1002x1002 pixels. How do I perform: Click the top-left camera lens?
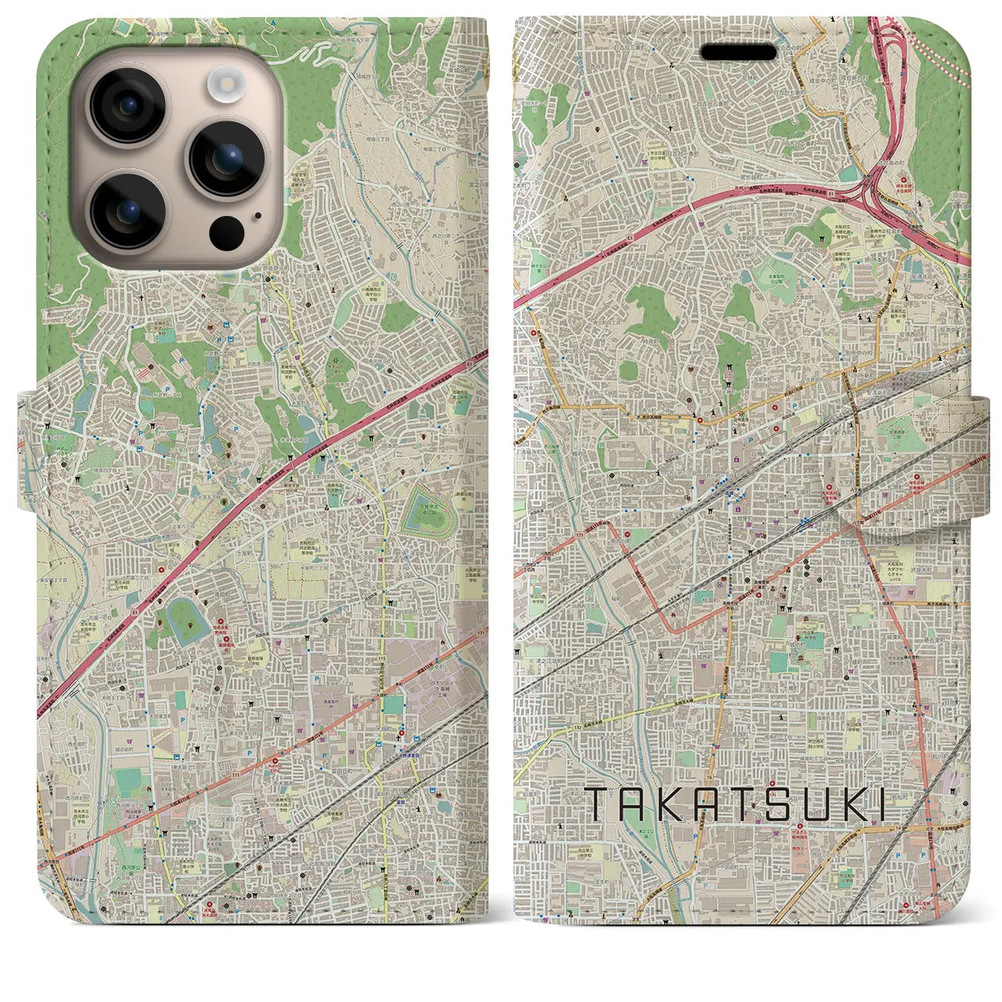click(128, 106)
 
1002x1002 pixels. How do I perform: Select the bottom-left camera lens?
click(128, 209)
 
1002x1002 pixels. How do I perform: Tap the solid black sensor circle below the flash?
click(225, 232)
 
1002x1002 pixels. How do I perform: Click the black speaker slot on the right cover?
click(738, 52)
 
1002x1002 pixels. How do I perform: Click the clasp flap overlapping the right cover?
click(908, 449)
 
